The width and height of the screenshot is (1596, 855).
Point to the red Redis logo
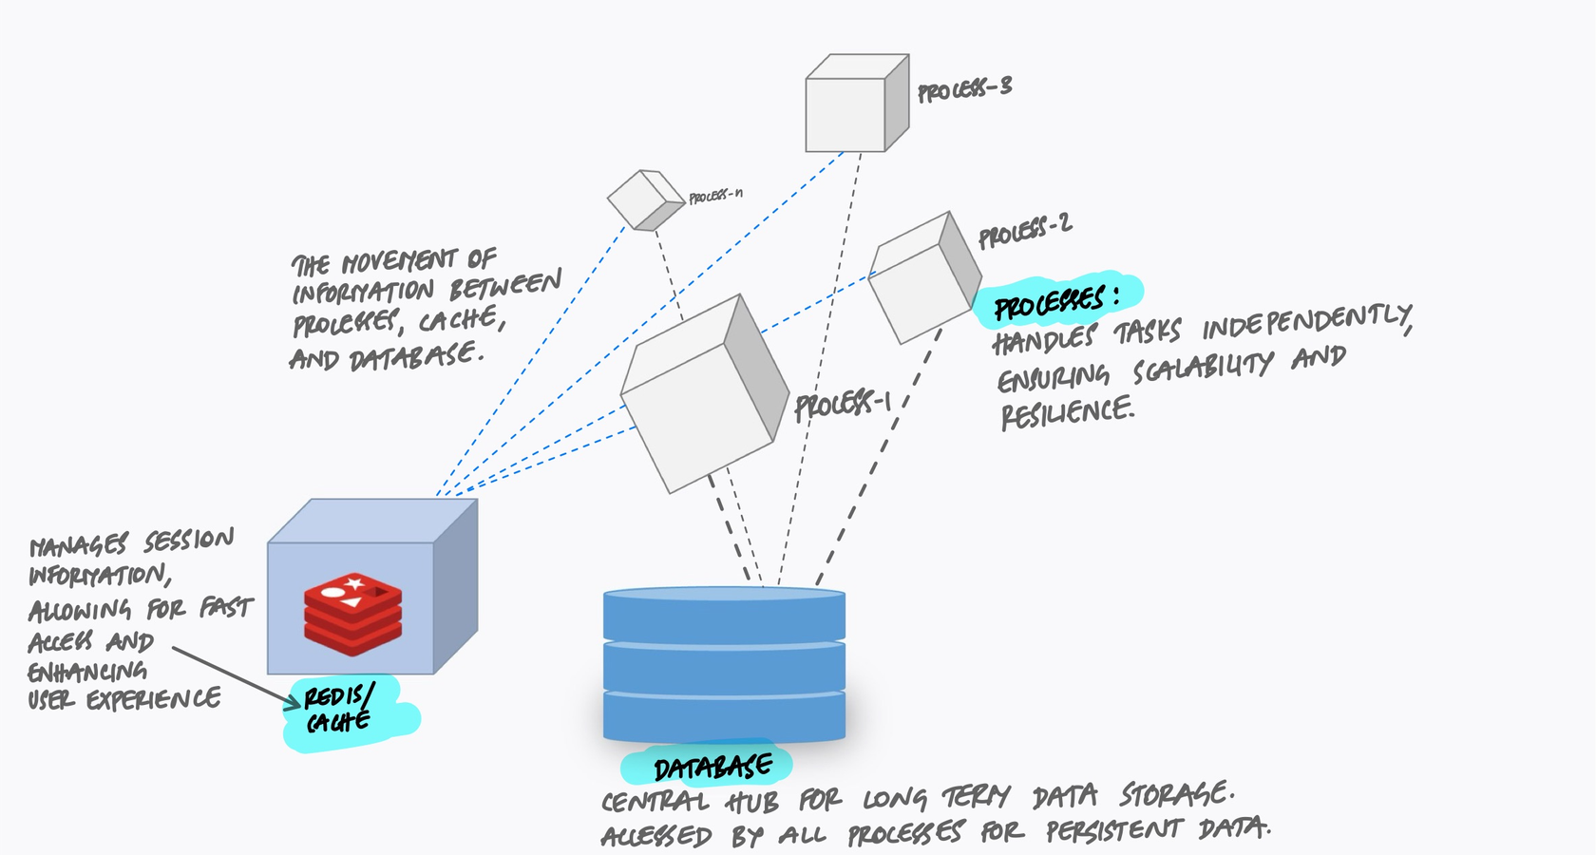pyautogui.click(x=352, y=614)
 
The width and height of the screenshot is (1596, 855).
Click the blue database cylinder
pyautogui.click(x=724, y=665)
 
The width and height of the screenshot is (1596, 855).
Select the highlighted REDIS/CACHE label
pyautogui.click(x=339, y=709)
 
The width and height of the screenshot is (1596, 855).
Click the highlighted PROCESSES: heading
pyautogui.click(x=1054, y=302)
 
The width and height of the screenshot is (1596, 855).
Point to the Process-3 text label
pyautogui.click(x=964, y=89)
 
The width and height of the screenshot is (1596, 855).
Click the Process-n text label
pyautogui.click(x=715, y=196)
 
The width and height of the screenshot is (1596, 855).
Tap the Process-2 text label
pyautogui.click(x=1024, y=230)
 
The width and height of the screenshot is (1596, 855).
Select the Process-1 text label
pyautogui.click(x=842, y=405)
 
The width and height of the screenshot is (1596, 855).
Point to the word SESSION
pyautogui.click(x=188, y=541)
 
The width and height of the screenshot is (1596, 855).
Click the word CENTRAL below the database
pyautogui.click(x=655, y=801)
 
